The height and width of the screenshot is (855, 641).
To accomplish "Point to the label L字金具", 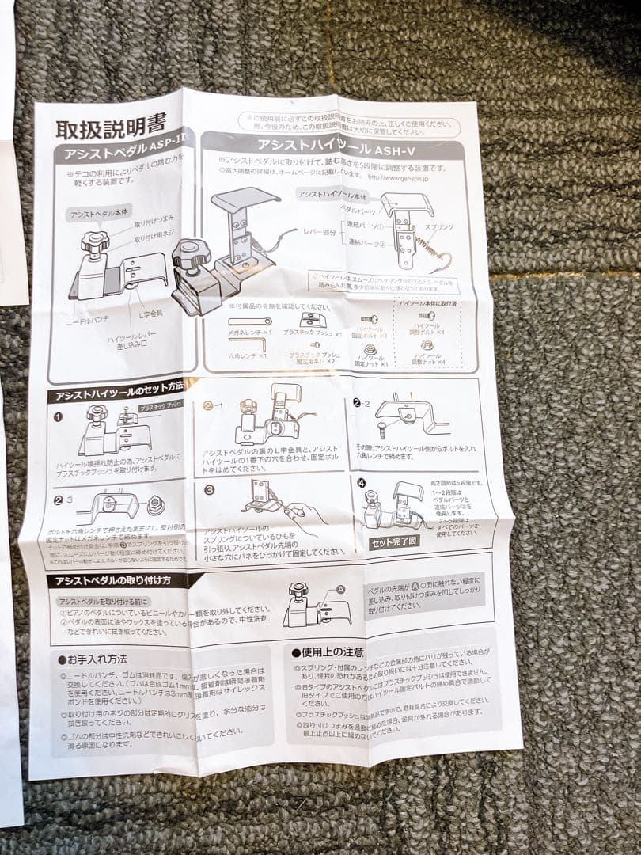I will pyautogui.click(x=150, y=313).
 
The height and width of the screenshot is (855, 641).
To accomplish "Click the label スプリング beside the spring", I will pyautogui.click(x=438, y=227).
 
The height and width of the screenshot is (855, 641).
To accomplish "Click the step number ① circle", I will pyautogui.click(x=58, y=417).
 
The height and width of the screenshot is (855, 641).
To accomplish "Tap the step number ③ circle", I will pyautogui.click(x=209, y=490).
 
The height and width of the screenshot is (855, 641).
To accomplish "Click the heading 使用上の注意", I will pyautogui.click(x=328, y=652).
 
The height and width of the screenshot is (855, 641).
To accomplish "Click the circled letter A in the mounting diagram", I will pyautogui.click(x=341, y=589).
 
